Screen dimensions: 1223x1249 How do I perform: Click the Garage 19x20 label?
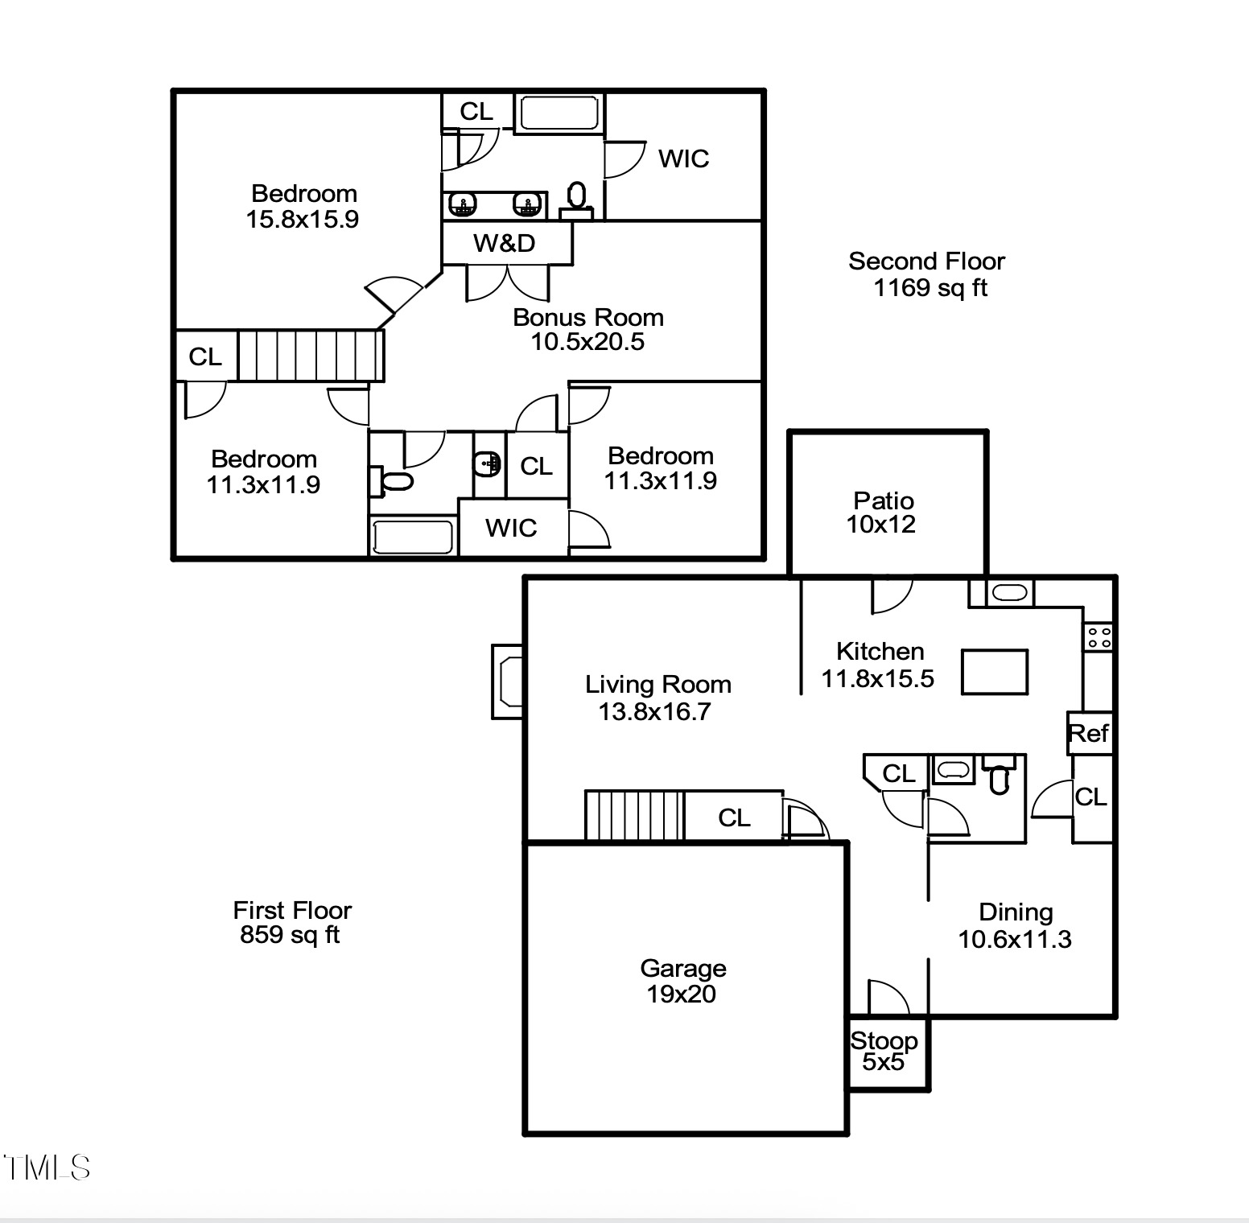point(682,981)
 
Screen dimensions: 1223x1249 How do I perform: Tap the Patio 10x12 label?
point(882,513)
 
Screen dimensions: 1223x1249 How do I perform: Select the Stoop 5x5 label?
point(884,1051)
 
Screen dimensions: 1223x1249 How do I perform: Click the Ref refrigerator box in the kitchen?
point(1089,733)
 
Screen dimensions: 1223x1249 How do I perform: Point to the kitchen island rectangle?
point(994,672)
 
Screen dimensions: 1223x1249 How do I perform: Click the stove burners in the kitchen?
point(1099,638)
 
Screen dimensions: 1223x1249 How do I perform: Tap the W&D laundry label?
point(505,243)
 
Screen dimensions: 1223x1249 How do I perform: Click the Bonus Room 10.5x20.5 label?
point(588,329)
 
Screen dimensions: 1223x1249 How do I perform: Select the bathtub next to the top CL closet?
point(559,113)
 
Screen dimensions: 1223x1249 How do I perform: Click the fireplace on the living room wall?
point(508,682)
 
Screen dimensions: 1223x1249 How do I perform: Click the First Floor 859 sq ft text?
point(291,922)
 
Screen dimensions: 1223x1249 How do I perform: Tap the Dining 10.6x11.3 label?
point(1015,925)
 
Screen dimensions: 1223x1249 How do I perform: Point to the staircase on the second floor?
point(310,355)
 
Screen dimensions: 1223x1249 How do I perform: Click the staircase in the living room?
point(633,816)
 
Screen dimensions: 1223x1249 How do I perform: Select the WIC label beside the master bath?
point(683,159)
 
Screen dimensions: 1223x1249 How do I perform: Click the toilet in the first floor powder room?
point(999,778)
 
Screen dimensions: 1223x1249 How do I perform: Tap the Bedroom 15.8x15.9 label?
point(303,206)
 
